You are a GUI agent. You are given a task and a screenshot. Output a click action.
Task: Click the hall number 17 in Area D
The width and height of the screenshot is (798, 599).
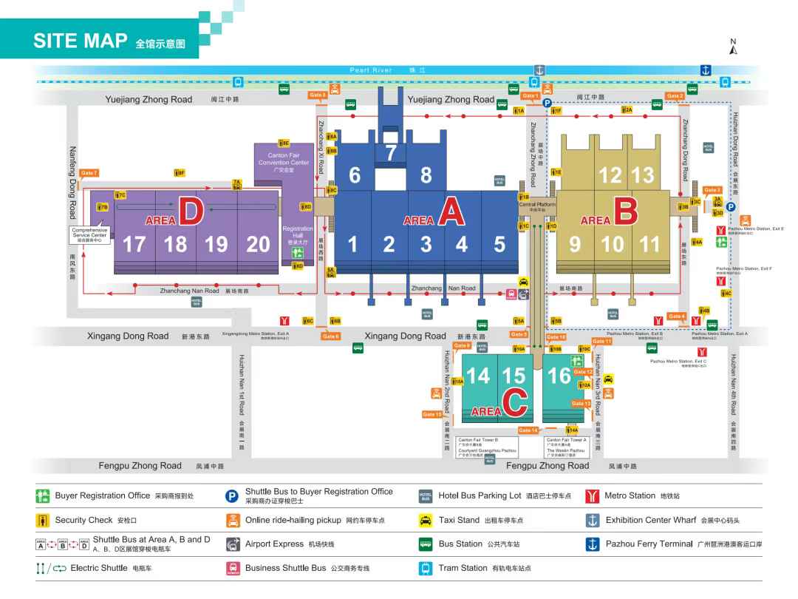pos(134,243)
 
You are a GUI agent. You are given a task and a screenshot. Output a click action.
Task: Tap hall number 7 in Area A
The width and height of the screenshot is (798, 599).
pos(391,152)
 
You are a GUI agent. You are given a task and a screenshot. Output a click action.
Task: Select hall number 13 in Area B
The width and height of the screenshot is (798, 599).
pos(643,175)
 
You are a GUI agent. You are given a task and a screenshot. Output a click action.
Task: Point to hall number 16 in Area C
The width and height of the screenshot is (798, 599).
pos(559,376)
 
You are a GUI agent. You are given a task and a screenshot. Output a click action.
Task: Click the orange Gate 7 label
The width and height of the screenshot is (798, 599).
pos(89,173)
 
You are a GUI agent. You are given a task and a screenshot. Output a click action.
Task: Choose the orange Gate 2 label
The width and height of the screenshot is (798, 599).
pos(675,96)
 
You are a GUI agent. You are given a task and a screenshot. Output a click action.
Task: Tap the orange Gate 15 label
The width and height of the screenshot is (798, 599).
pos(432,414)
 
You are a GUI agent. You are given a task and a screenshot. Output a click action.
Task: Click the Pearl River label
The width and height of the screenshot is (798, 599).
pos(371,70)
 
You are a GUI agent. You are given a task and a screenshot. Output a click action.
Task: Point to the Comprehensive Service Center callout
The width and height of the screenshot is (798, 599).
pos(89,234)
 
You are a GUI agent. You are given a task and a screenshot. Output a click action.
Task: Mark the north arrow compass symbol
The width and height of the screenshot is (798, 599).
pos(733,47)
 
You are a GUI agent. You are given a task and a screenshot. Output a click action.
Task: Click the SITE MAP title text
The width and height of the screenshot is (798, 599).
pos(81,41)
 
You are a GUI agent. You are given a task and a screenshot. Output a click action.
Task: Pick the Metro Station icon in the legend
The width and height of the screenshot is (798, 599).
pos(591,495)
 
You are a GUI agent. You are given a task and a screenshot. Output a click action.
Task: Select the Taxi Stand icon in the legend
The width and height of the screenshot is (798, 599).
pos(426,520)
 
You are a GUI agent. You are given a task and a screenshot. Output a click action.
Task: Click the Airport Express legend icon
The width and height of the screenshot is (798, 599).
pos(233,544)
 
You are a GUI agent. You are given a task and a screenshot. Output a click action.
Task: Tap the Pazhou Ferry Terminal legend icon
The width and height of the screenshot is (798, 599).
pos(591,544)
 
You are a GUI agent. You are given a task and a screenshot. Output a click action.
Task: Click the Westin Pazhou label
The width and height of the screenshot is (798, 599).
pos(565,450)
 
